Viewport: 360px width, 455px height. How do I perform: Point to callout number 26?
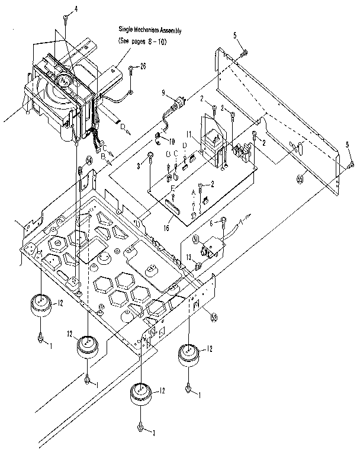[x=142, y=67]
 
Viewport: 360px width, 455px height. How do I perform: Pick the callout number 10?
[x=171, y=141]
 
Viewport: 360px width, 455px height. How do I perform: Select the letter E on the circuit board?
[x=173, y=189]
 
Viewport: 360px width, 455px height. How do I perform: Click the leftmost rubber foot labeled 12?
[x=40, y=305]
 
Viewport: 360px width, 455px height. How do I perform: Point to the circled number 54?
[x=89, y=160]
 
